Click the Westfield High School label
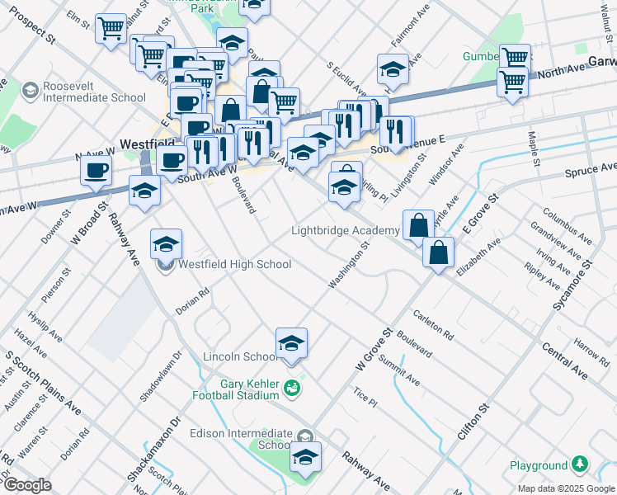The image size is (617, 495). tap(234, 265)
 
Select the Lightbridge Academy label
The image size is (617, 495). tap(345, 230)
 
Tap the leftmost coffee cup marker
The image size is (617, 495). tap(97, 172)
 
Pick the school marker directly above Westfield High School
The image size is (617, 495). tap(166, 243)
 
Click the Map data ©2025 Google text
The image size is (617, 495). tap(565, 488)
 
